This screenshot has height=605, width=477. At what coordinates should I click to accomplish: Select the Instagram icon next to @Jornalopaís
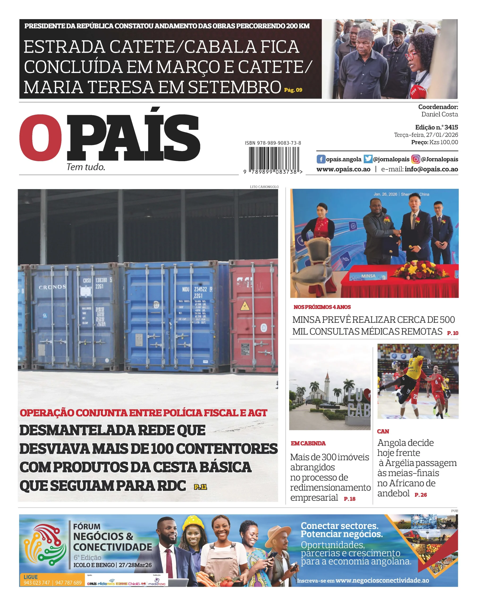coord(416,159)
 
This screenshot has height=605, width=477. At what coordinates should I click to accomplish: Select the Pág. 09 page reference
coord(293,90)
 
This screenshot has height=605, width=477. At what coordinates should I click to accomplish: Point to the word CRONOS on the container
coord(52,287)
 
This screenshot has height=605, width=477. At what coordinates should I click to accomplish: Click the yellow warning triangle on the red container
coord(245,306)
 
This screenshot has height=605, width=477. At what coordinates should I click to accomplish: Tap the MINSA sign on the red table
coord(368,276)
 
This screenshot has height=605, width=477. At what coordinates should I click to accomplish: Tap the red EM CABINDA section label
coord(308,443)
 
